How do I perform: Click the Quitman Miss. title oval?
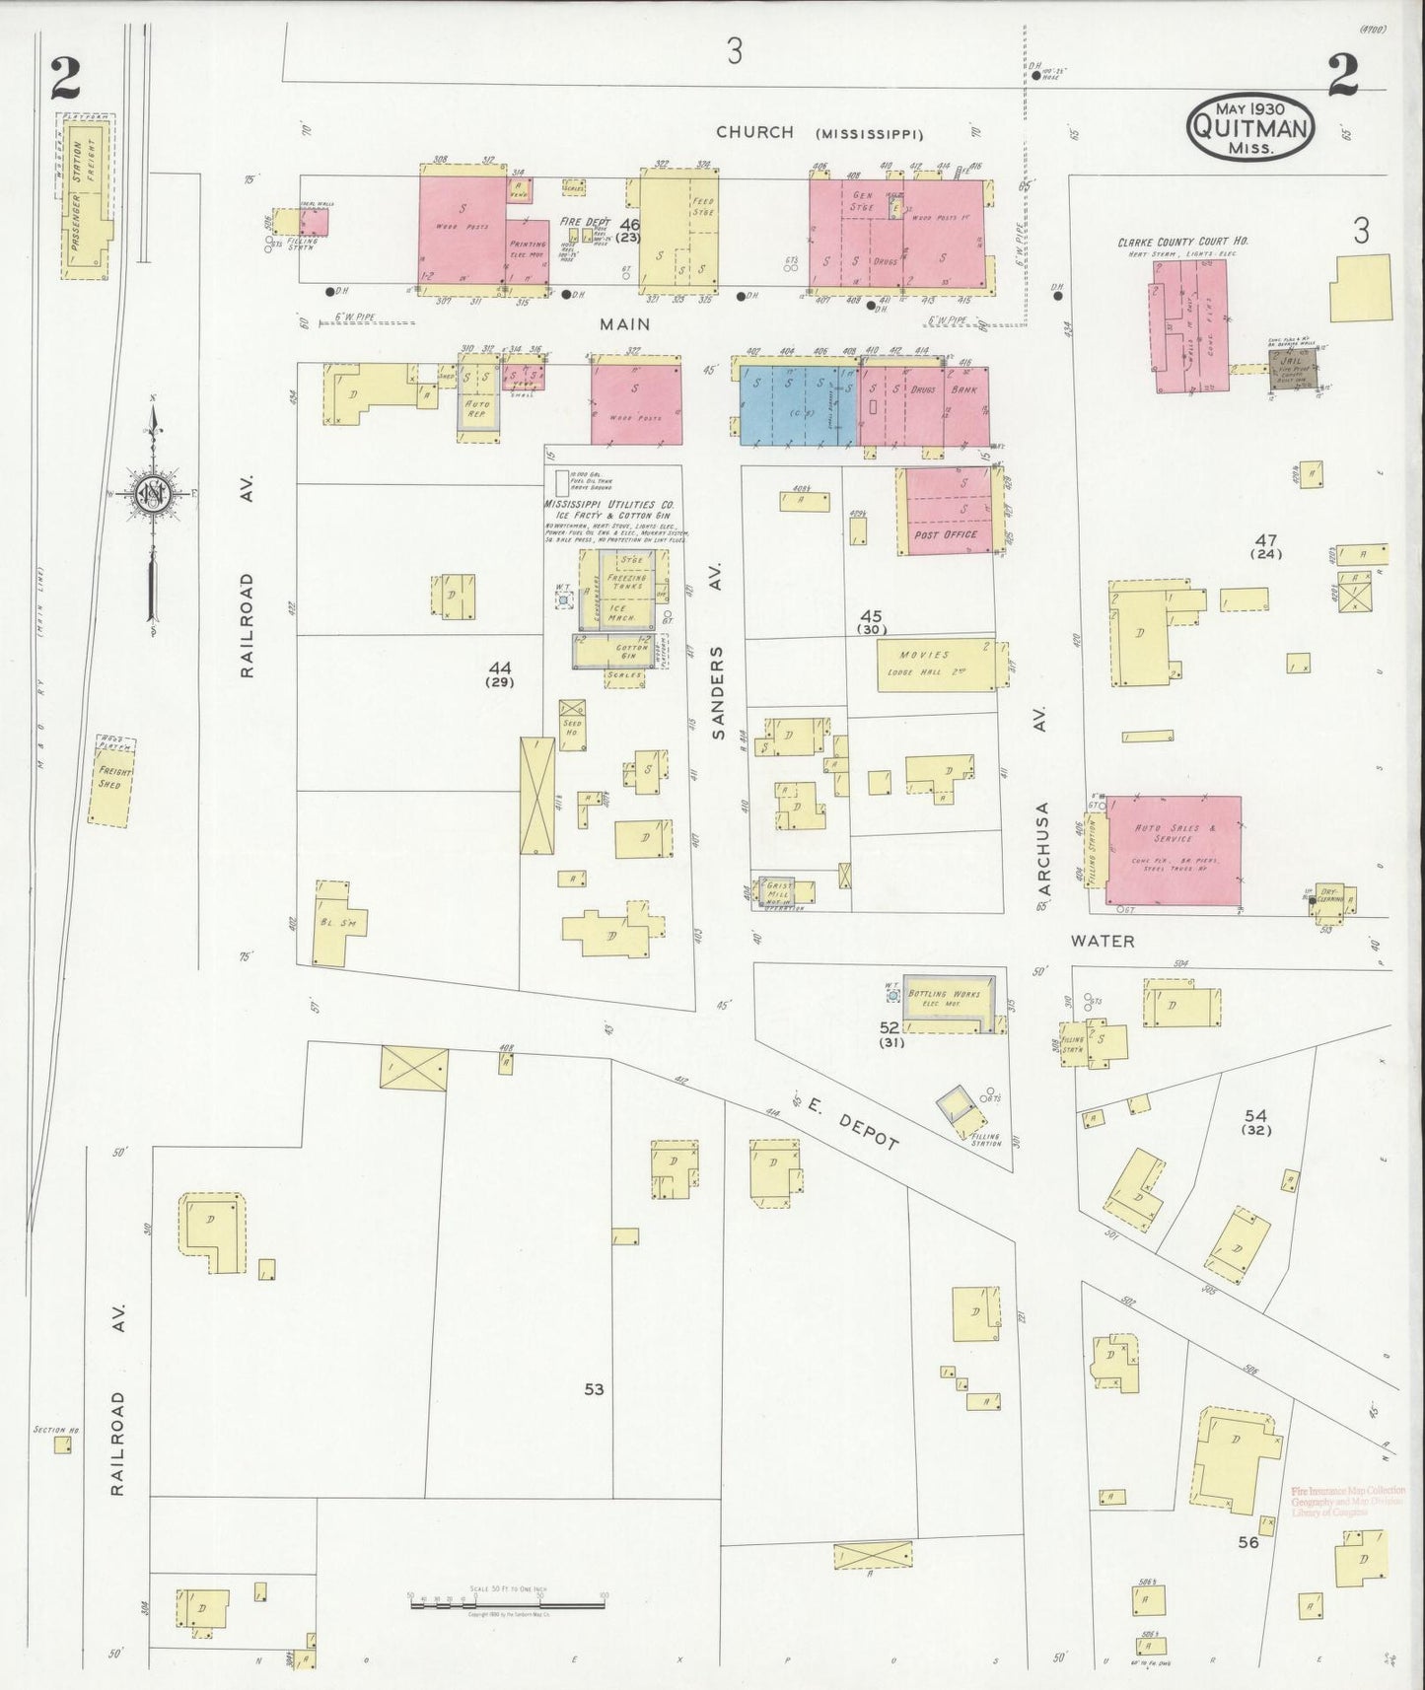point(1249,127)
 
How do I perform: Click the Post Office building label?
point(946,534)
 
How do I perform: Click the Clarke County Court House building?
point(1189,325)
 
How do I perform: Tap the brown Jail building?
point(1293,368)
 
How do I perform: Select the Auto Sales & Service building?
point(1173,850)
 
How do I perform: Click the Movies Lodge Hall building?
point(936,665)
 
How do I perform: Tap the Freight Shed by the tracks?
point(111,779)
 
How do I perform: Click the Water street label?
point(1103,941)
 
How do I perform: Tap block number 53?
point(593,1389)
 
